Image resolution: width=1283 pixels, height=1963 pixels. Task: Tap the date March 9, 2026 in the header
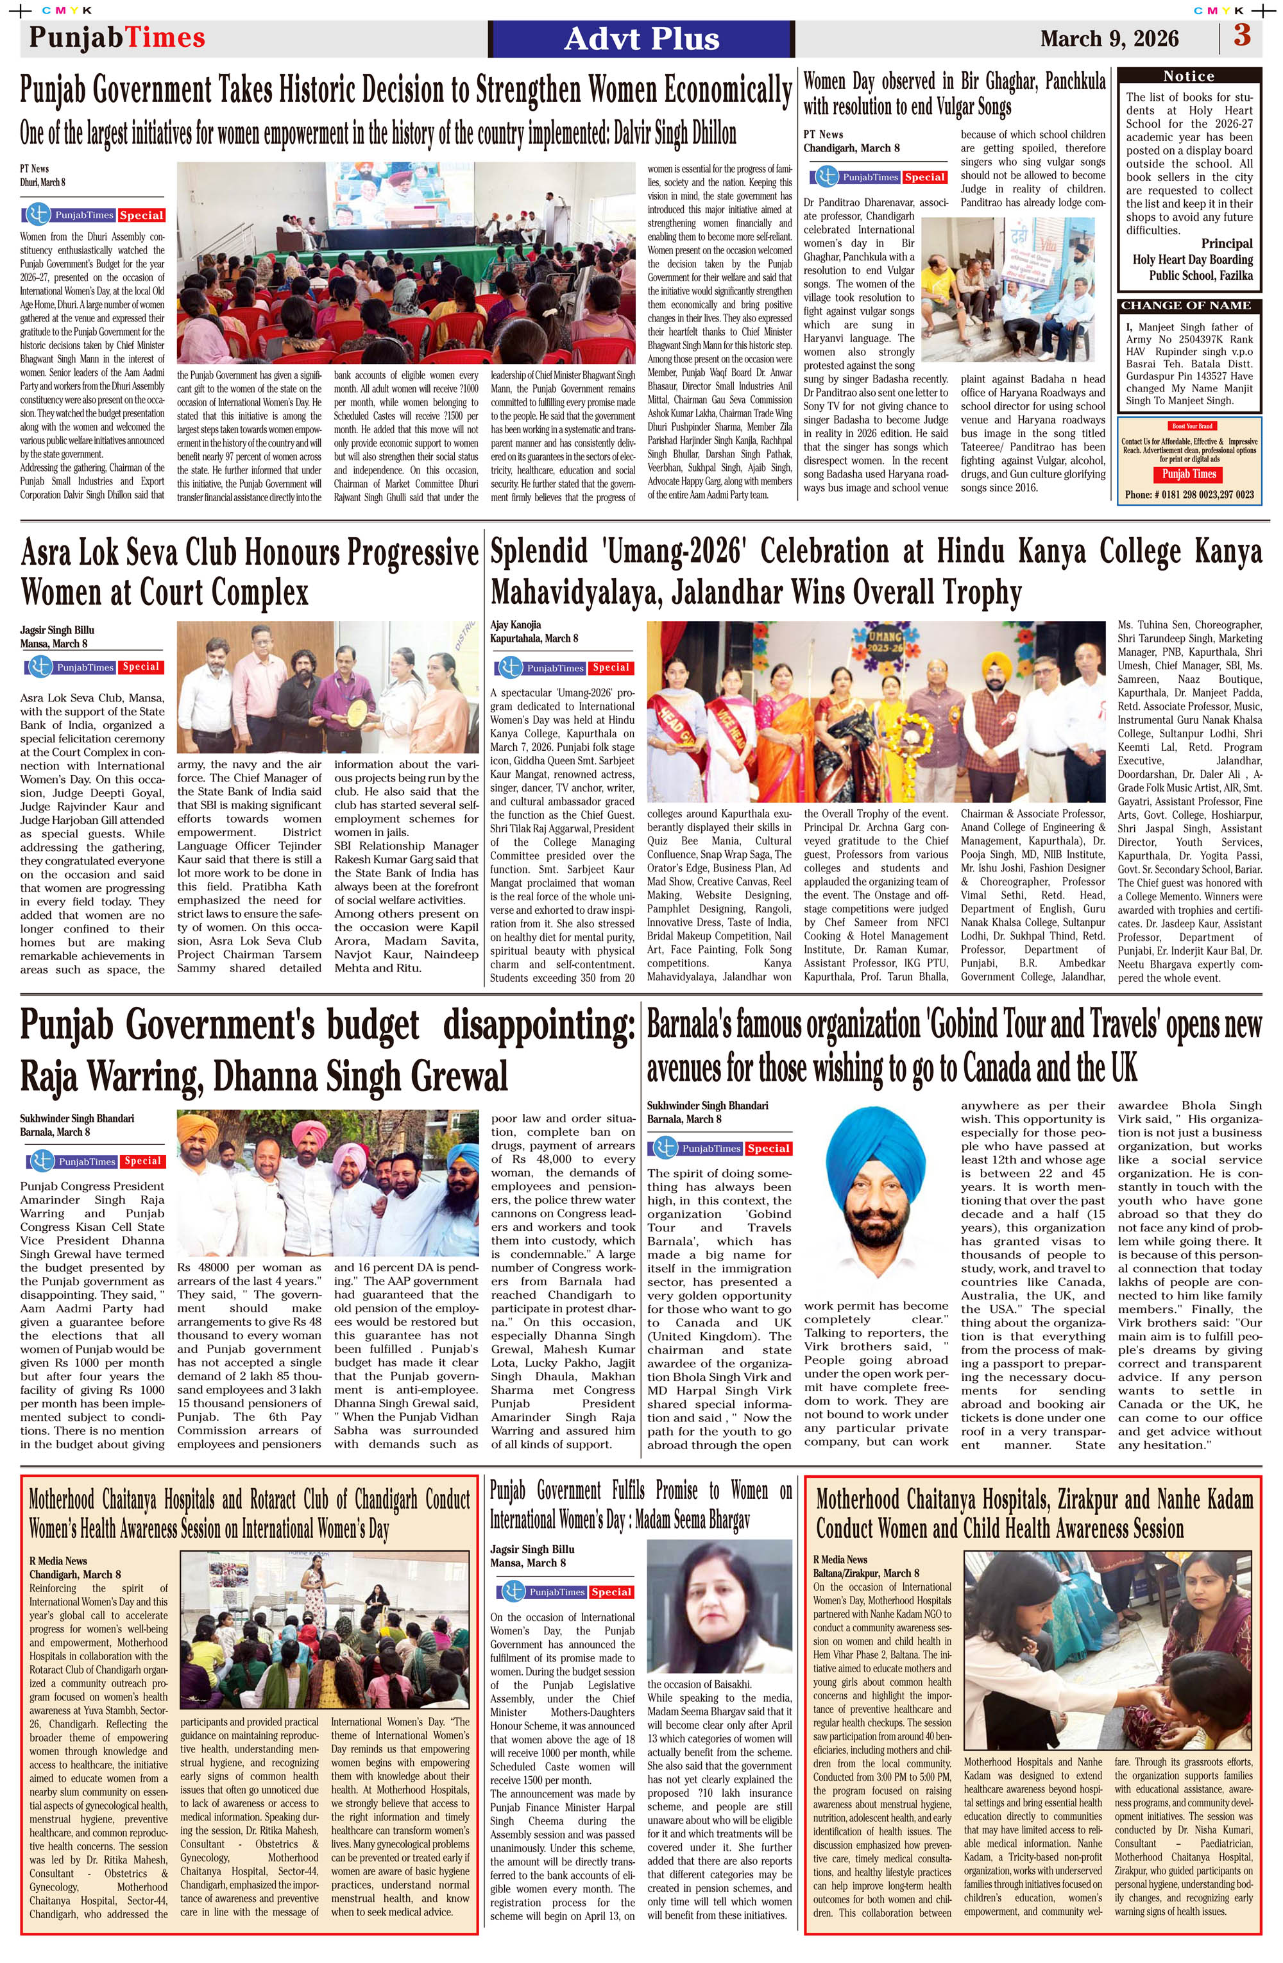coord(1109,39)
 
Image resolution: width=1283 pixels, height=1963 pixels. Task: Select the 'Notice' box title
coord(1188,76)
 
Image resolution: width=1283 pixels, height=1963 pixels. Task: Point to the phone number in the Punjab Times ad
coord(1189,494)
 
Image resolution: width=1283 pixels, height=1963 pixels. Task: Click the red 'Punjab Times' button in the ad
coord(1188,474)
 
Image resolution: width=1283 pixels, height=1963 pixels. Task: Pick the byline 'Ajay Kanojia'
coord(515,624)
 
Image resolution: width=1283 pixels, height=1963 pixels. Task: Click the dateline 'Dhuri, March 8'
coord(43,182)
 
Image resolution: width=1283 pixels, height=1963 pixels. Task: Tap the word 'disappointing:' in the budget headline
coord(540,1025)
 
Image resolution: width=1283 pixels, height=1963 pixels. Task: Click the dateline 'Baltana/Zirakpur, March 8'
coord(866,1573)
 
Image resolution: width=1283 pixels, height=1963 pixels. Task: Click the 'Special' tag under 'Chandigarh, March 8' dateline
coord(924,176)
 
